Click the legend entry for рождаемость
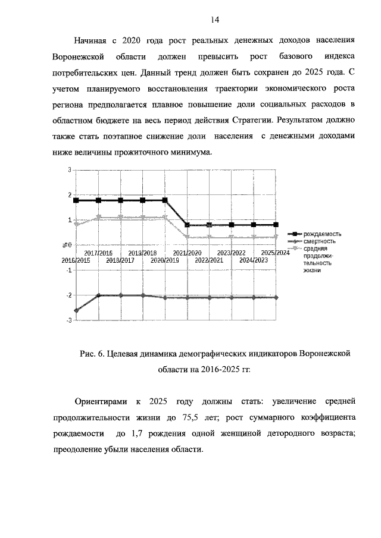pos(321,234)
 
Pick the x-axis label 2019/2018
pos(142,253)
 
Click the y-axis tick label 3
pos(69,170)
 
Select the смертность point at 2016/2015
pos(76,310)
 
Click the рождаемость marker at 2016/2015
pos(76,200)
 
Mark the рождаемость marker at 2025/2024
pos(276,225)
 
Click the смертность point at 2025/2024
pos(276,297)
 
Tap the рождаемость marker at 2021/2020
pos(187,225)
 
